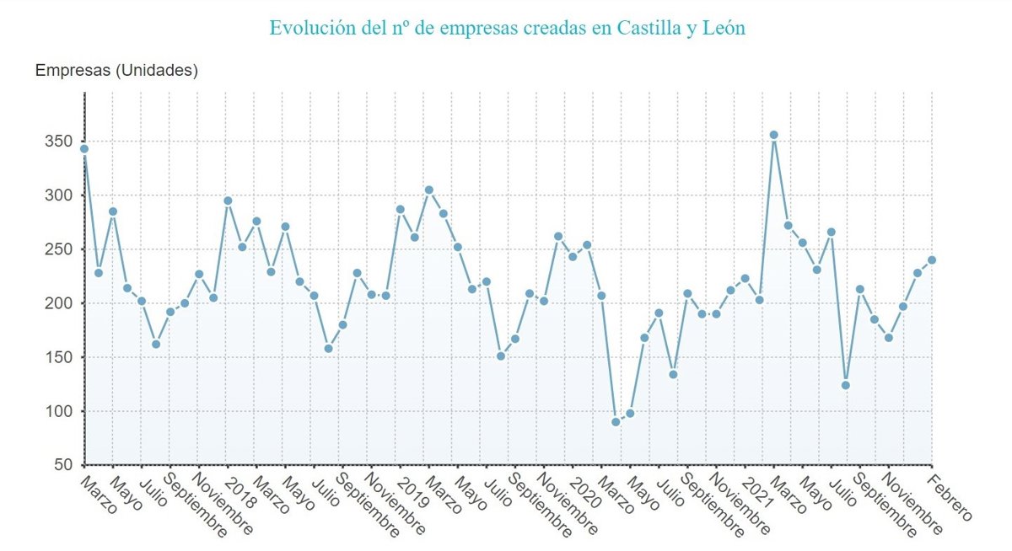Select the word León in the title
click(x=724, y=28)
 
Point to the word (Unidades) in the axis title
click(x=157, y=71)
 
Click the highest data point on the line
click(x=773, y=135)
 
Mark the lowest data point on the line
click(x=616, y=421)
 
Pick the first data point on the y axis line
click(x=84, y=148)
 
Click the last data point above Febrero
click(x=932, y=259)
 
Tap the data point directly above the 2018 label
click(x=228, y=201)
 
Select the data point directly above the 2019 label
click(x=400, y=209)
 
